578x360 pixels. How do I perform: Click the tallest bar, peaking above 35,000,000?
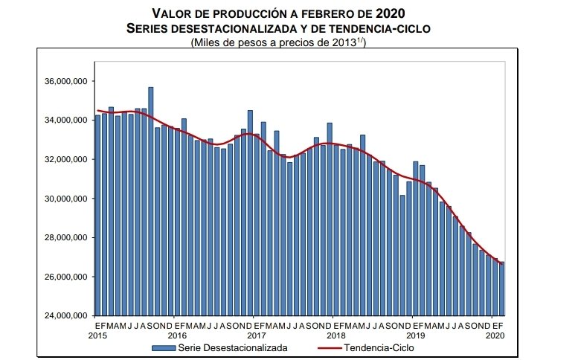point(151,201)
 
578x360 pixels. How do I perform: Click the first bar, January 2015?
point(97,216)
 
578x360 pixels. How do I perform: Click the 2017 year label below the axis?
point(257,335)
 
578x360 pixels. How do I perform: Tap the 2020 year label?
point(495,335)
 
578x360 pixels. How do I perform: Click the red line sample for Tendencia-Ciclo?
point(331,347)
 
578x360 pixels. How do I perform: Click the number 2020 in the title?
point(412,13)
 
